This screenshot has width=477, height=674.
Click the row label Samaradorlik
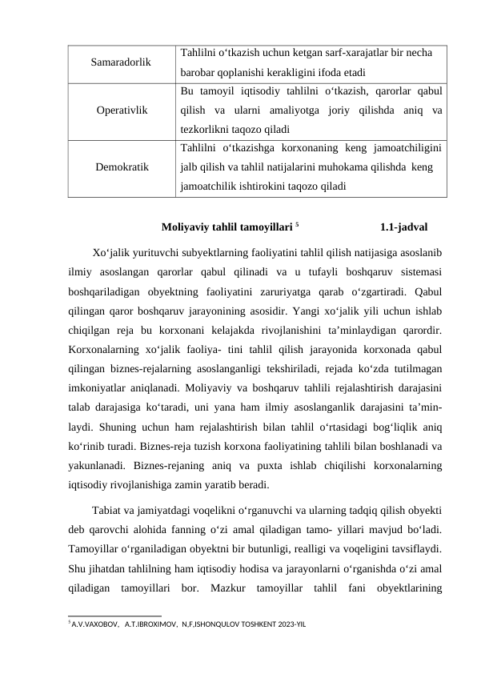pos(120,62)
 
